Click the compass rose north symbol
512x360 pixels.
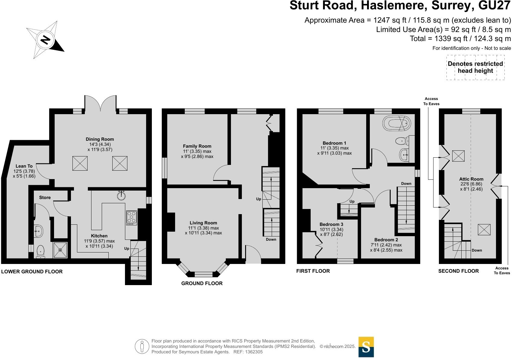tap(45, 40)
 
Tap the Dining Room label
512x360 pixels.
tap(100, 139)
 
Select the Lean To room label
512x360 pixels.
tap(24, 166)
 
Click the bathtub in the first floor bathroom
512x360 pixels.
tap(397, 124)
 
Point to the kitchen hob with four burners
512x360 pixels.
tap(132, 218)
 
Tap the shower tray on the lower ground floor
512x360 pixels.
tap(60, 250)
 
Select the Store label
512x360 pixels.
tap(45, 198)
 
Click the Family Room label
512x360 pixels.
tap(197, 146)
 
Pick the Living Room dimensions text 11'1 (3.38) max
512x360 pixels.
tap(203, 228)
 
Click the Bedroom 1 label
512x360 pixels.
tap(334, 143)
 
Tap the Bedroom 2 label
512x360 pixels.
tap(386, 240)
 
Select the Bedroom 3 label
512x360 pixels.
tap(331, 224)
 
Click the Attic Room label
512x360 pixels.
tap(471, 179)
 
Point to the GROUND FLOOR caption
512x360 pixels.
tap(202, 283)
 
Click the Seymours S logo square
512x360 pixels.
tap(366, 347)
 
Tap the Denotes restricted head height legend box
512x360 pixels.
tap(475, 67)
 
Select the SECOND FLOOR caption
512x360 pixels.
tap(458, 271)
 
